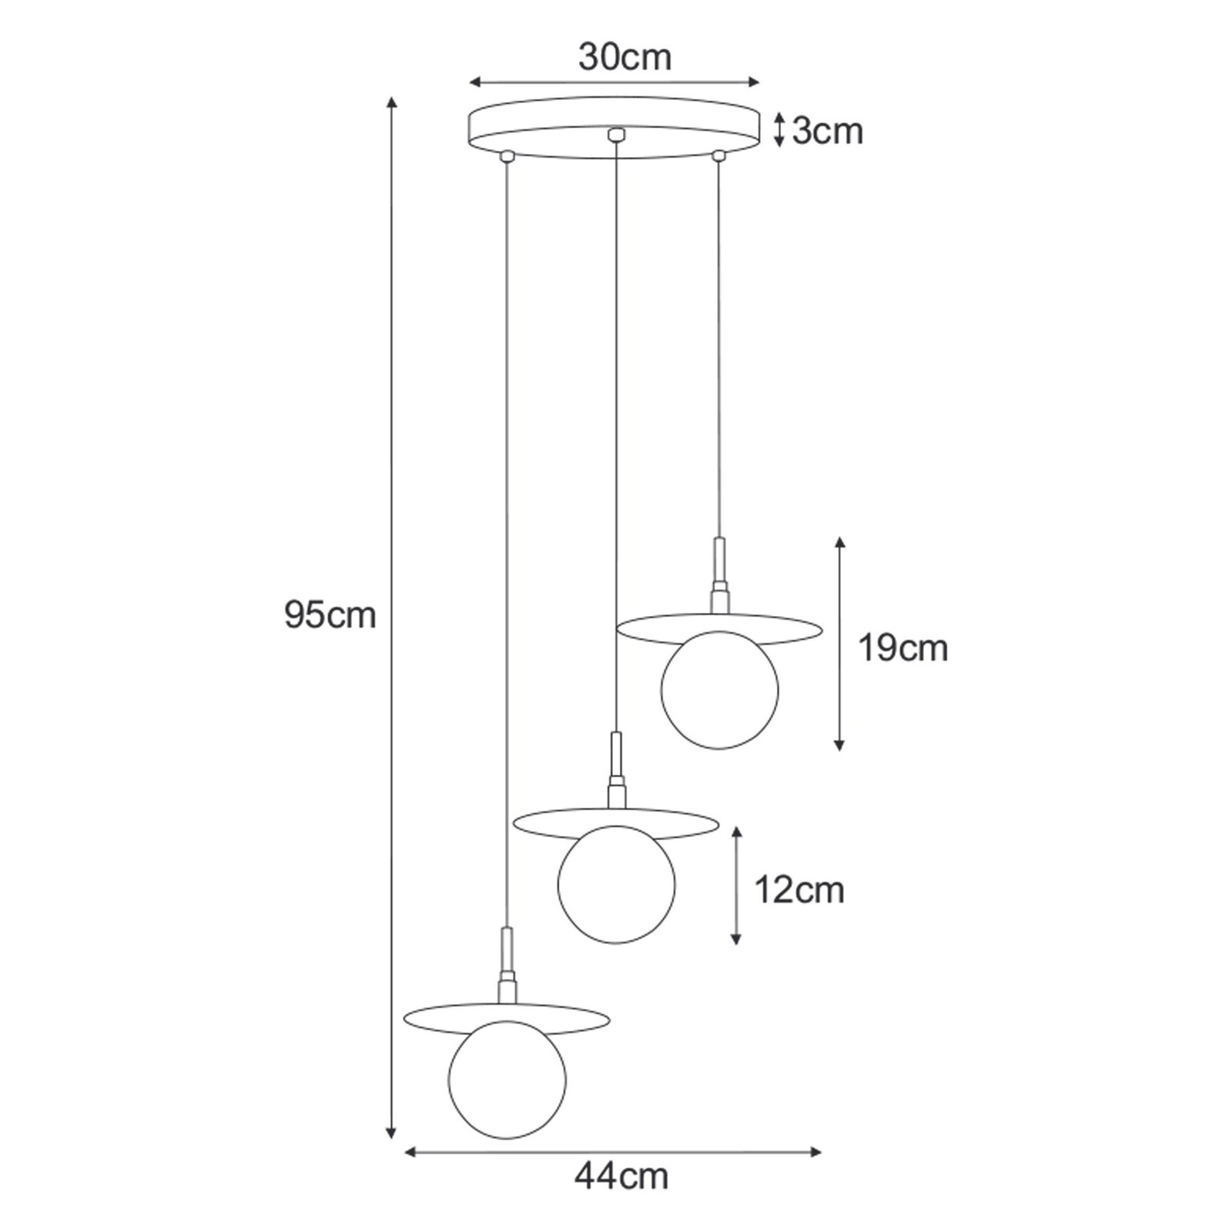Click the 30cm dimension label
pos(624,57)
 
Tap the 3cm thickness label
pos(828,132)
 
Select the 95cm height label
pos(330,615)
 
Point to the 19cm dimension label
pos(903,648)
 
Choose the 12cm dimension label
pos(799,890)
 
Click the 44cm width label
pos(621,1198)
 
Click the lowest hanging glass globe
pos(507,1080)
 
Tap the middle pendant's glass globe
pos(616,885)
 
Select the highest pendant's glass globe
pos(720,690)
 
